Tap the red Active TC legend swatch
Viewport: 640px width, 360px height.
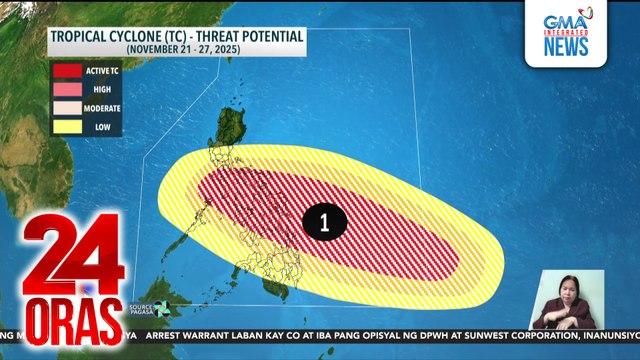68,71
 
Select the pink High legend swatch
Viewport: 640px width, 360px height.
68,89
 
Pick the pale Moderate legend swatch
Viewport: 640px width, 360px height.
68,107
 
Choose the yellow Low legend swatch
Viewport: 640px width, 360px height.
68,126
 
